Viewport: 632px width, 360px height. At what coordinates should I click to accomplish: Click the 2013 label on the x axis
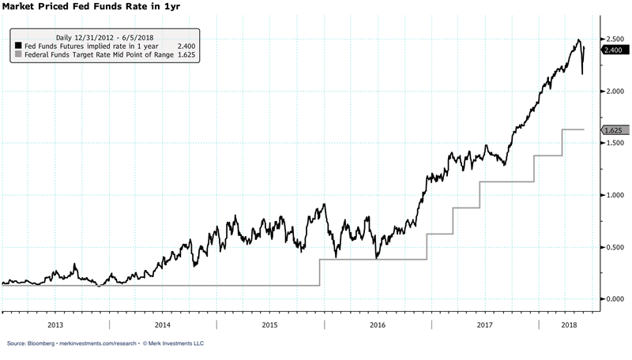(55, 325)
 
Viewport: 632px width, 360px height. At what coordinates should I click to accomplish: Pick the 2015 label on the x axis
(269, 325)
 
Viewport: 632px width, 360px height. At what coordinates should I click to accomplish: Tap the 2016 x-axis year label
(377, 325)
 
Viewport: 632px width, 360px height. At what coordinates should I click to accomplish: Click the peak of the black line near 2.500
(578, 40)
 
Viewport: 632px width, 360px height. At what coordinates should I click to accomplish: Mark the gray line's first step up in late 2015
(319, 272)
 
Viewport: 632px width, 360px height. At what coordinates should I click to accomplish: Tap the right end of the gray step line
(584, 129)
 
